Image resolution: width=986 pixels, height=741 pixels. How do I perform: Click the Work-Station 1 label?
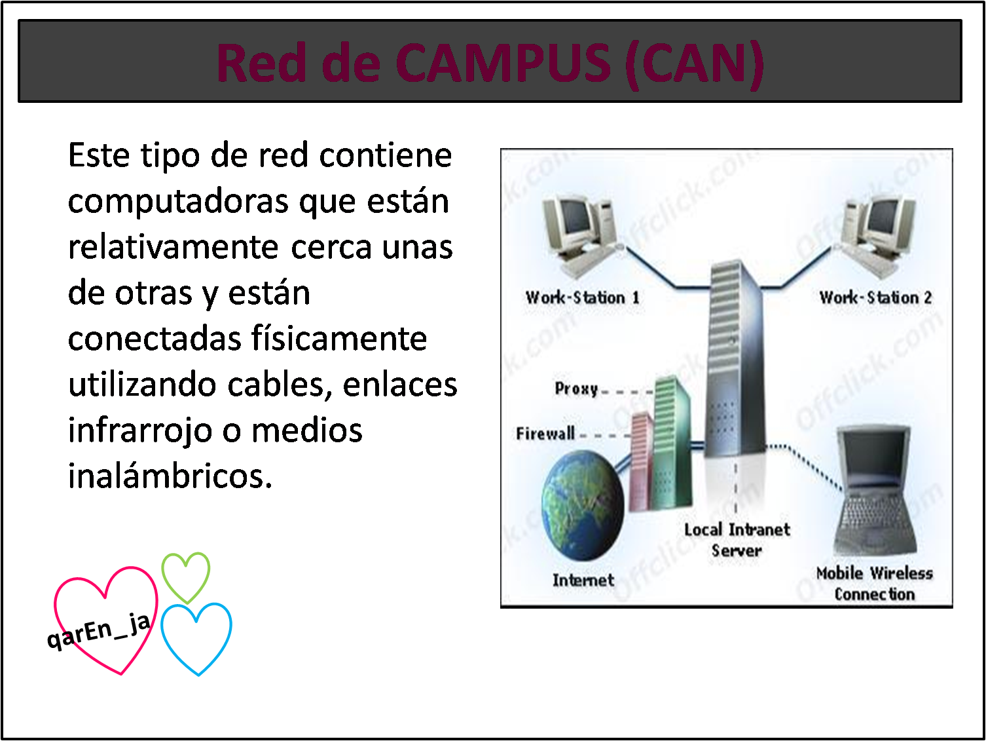coord(582,297)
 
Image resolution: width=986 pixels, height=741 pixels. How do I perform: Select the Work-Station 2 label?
coord(875,297)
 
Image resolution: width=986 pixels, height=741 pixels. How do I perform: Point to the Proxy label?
coord(576,389)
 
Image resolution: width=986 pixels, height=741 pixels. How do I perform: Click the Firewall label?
coord(545,433)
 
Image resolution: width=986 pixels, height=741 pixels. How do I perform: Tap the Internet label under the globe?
coord(583,580)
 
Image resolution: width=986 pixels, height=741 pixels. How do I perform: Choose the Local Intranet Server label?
coord(737,540)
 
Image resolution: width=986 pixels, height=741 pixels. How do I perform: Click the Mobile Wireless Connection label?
coord(874,583)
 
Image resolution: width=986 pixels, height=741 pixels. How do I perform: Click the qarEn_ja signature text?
coord(98,632)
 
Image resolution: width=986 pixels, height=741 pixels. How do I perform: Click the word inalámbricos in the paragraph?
coord(170,476)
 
